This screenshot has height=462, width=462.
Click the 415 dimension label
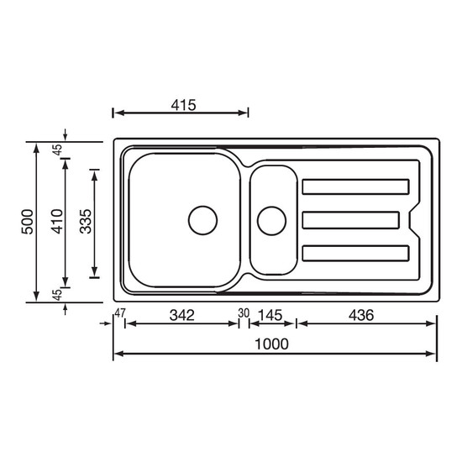pos(183,105)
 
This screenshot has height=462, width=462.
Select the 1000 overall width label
pos(271,344)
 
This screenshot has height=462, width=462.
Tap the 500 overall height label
pos(28,222)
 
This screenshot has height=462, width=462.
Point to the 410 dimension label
pos(57,222)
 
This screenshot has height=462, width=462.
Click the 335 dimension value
pos(86,222)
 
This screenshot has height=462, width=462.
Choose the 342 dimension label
pos(181,315)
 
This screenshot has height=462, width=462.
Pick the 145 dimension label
pos(270,315)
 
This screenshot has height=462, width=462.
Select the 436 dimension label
pos(361,315)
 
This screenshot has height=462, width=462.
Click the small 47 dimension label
pos(120,313)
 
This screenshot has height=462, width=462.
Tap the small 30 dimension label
pos(244,313)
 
